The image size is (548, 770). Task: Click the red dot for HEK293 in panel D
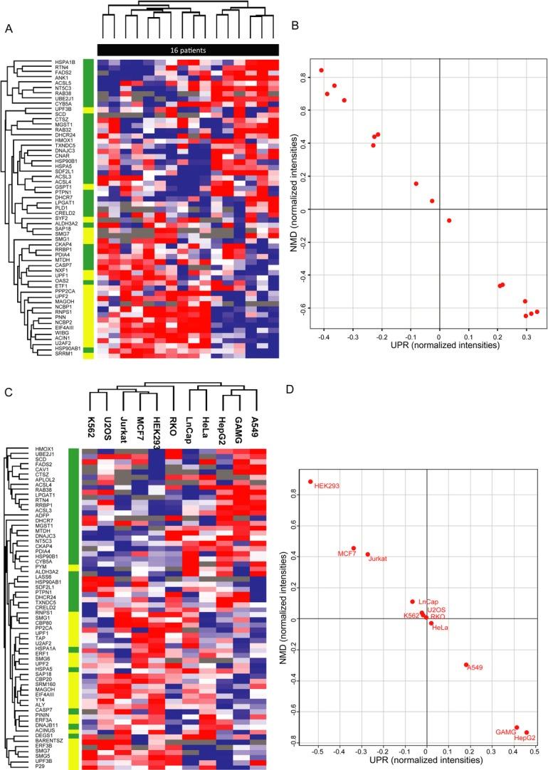tap(310, 482)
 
